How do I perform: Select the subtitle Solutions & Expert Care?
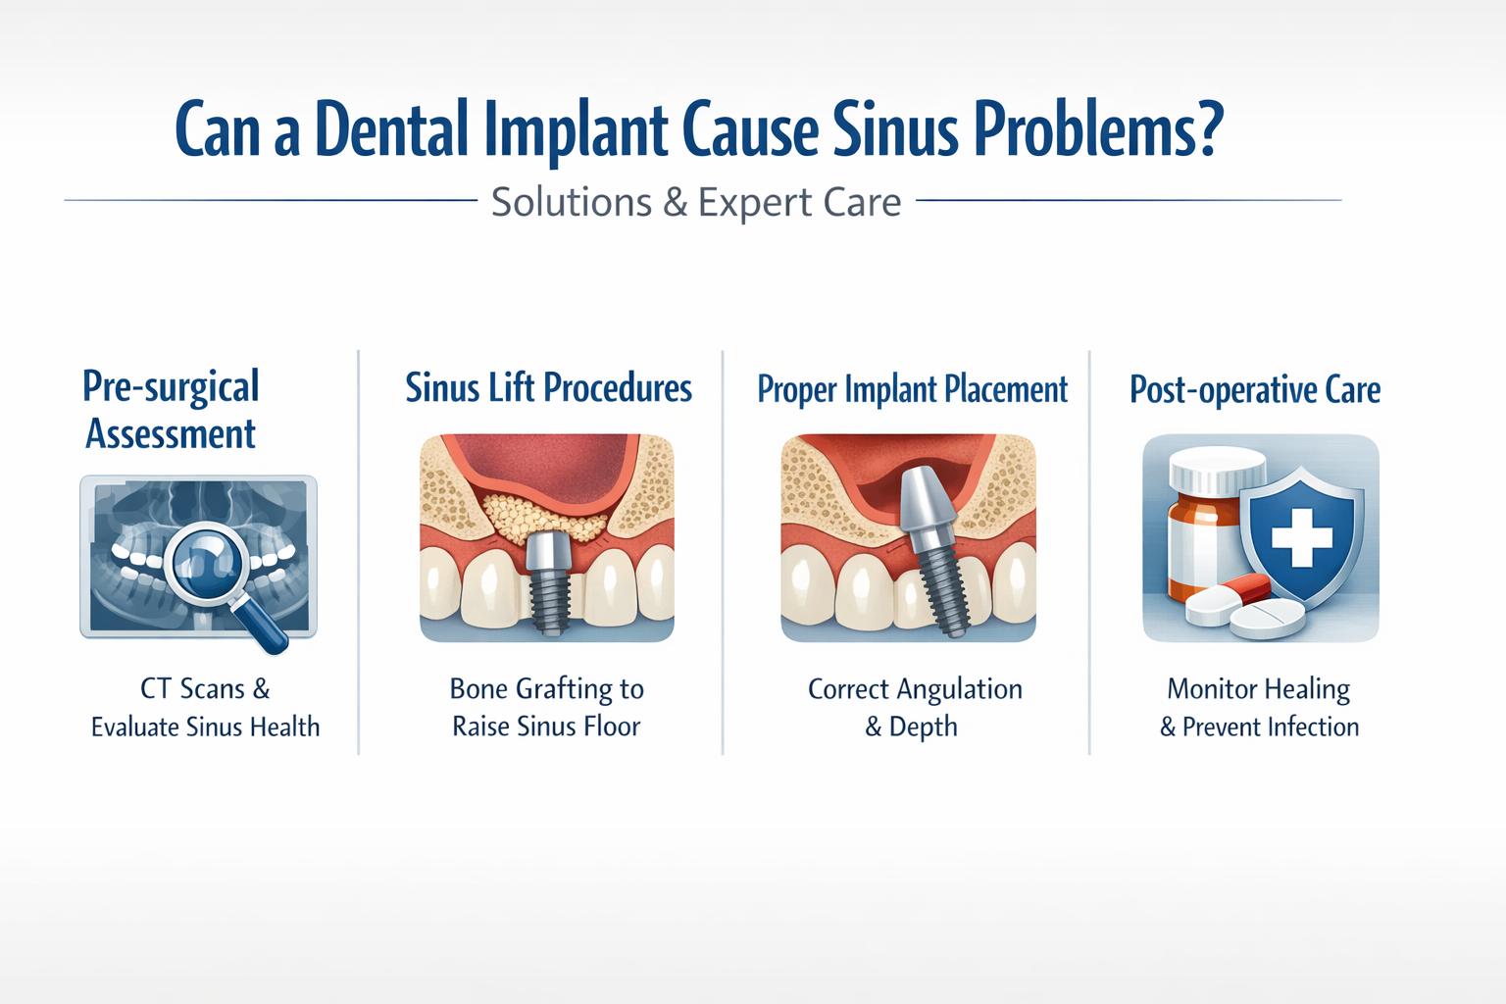[696, 202]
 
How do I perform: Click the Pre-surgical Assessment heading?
[171, 410]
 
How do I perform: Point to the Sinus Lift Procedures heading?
[548, 388]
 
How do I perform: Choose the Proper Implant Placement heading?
[912, 389]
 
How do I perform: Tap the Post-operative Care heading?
[1255, 389]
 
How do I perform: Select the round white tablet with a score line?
[1267, 618]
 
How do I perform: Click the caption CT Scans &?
[205, 688]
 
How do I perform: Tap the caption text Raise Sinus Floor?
[546, 727]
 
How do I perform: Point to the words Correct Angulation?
[915, 689]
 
